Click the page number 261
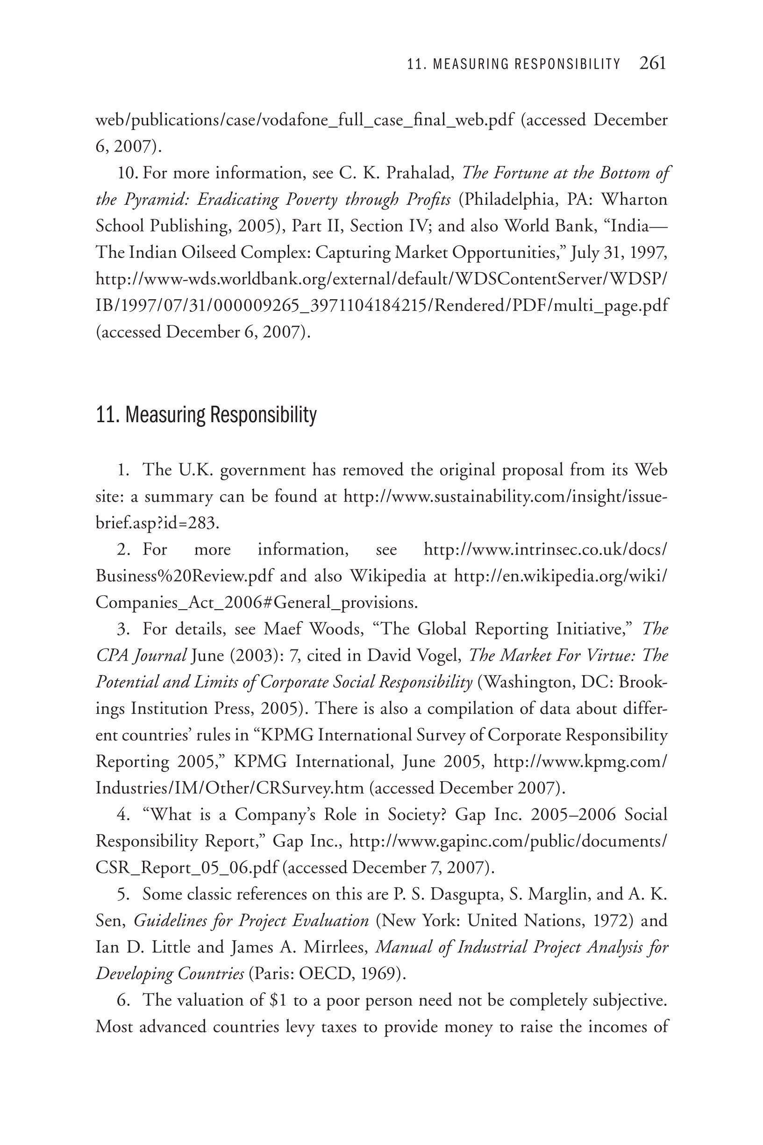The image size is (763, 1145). (x=652, y=63)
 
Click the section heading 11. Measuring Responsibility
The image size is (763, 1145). (x=207, y=415)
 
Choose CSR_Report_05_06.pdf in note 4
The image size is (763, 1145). (x=187, y=867)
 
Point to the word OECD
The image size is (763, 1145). (x=325, y=973)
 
